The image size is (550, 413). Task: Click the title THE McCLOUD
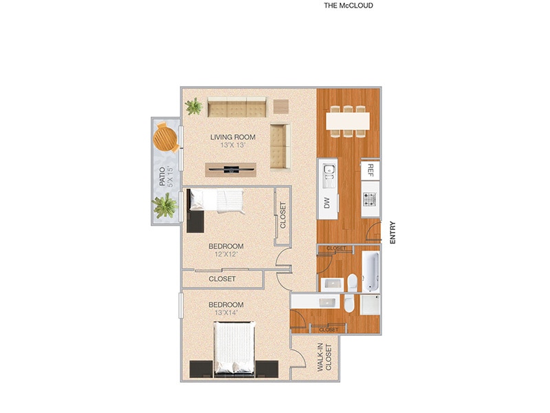point(348,6)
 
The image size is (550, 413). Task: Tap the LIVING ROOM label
point(234,137)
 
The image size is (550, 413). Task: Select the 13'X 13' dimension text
point(234,146)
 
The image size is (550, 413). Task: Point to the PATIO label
point(162,178)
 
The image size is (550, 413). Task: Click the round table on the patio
point(166,136)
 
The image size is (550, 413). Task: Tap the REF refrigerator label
point(370,169)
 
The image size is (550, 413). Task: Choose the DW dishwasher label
point(327,202)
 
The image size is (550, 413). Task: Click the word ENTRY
point(393,231)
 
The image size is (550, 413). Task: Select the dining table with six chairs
point(348,119)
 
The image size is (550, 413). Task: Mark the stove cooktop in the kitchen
point(370,200)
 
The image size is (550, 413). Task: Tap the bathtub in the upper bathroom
point(370,272)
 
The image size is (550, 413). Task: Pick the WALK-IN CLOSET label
point(324,359)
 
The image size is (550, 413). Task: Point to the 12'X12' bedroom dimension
point(226,254)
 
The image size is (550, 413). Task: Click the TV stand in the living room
point(230,169)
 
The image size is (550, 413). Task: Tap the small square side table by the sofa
point(281,107)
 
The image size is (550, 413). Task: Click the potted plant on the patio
point(165,205)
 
